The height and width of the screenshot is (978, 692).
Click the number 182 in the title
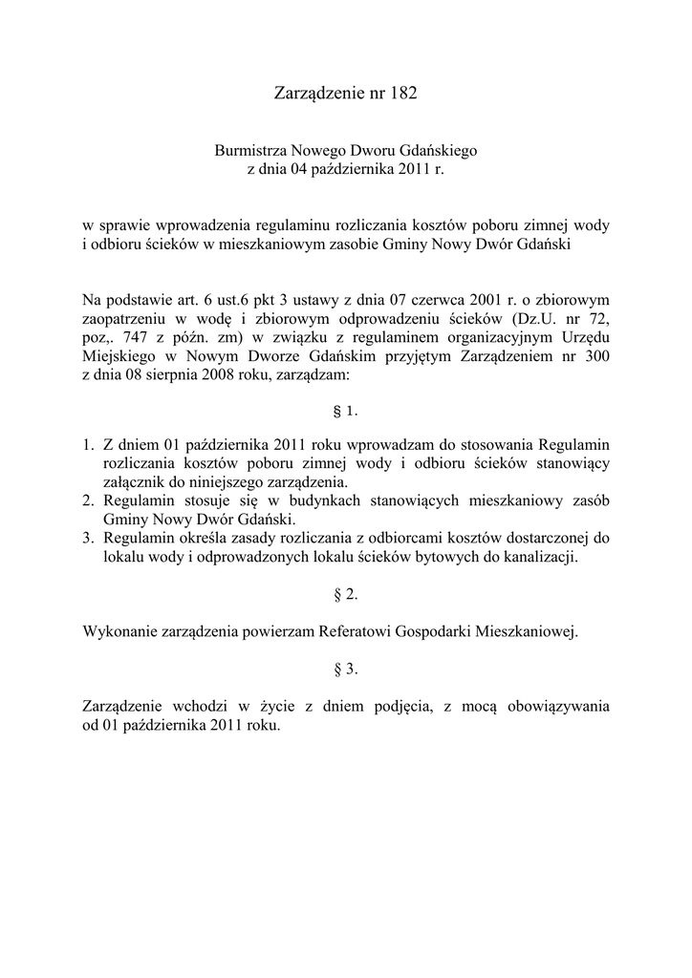(403, 94)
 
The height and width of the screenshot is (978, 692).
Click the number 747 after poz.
(136, 338)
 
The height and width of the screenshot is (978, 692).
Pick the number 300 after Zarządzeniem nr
(596, 356)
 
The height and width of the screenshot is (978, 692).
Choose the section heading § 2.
(345, 595)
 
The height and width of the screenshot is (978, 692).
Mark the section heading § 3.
(345, 669)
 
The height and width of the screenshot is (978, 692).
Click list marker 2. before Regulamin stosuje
(87, 501)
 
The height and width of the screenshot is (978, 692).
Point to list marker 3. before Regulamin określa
(87, 538)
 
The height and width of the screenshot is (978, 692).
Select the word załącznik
(134, 482)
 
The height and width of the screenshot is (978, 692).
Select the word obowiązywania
(546, 707)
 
